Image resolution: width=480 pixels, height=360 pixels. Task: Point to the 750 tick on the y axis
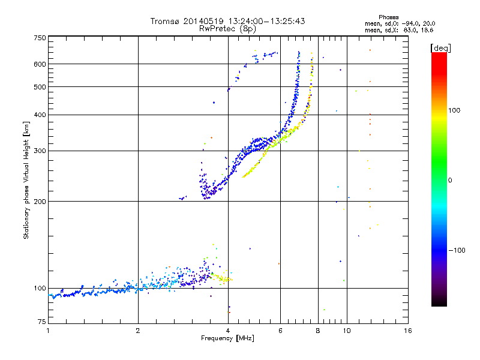40,38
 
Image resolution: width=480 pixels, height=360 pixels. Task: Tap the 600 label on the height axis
40,64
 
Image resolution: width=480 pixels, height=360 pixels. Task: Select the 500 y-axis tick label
40,87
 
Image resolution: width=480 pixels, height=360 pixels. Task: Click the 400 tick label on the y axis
40,115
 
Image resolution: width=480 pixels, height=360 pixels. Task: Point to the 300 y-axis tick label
40,151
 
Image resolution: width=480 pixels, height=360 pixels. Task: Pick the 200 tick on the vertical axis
40,202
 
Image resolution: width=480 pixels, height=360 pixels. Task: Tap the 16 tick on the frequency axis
407,331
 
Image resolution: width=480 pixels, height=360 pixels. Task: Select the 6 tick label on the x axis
281,331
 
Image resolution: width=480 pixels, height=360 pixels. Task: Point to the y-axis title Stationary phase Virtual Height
26,181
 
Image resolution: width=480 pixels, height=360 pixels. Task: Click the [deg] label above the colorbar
442,47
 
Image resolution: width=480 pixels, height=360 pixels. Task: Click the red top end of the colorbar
439,55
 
